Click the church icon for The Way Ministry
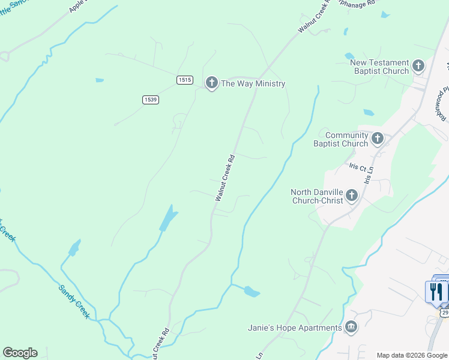(211, 83)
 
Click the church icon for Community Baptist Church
(378, 139)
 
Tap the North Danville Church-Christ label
(317, 196)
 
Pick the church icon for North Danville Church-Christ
(352, 195)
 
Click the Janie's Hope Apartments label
(295, 328)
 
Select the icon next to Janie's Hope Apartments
(351, 328)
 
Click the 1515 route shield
(184, 80)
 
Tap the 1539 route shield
(151, 100)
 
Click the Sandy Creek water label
(74, 302)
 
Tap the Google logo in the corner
(20, 353)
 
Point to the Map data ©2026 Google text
(412, 355)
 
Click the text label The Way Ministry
(253, 83)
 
